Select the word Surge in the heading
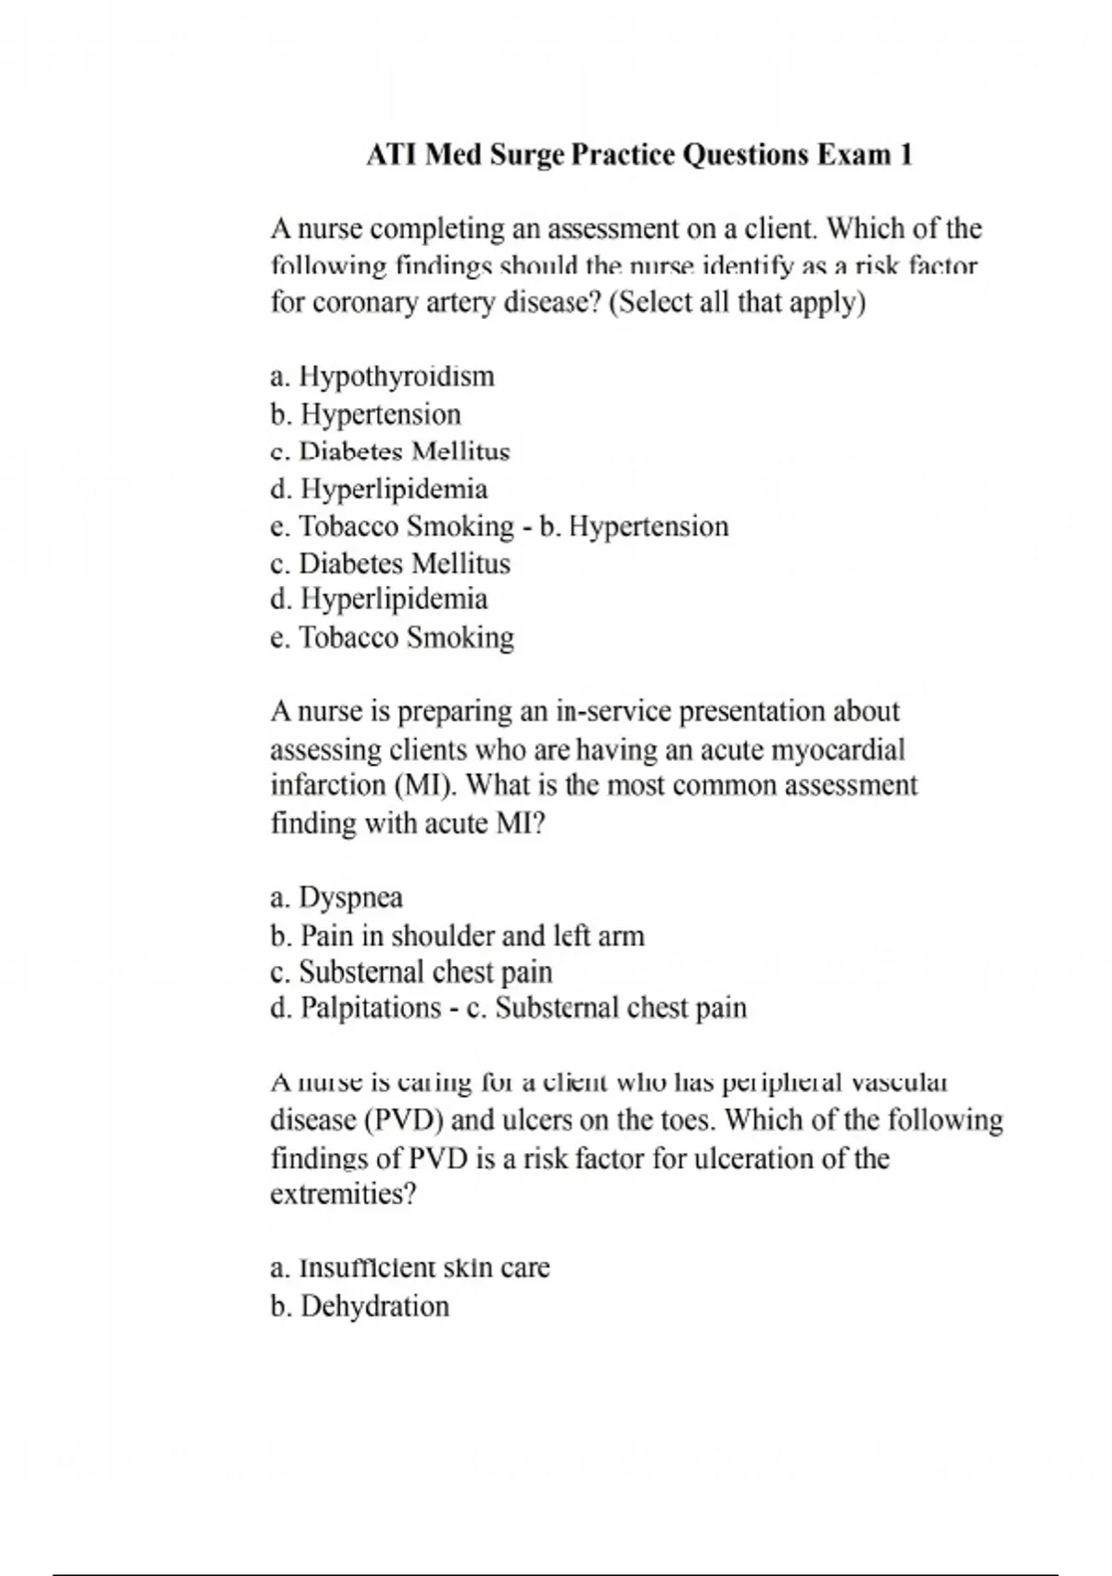[526, 155]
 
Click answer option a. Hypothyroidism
[382, 376]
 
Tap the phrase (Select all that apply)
[737, 303]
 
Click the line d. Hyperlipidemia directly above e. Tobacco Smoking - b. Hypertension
[378, 489]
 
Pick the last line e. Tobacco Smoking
[392, 638]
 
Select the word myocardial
[837, 749]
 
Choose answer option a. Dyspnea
[336, 897]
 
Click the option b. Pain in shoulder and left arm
[457, 935]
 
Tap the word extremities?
[344, 1194]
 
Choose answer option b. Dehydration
[360, 1306]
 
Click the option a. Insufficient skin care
[410, 1267]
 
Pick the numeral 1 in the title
[905, 154]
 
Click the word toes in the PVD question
[684, 1120]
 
